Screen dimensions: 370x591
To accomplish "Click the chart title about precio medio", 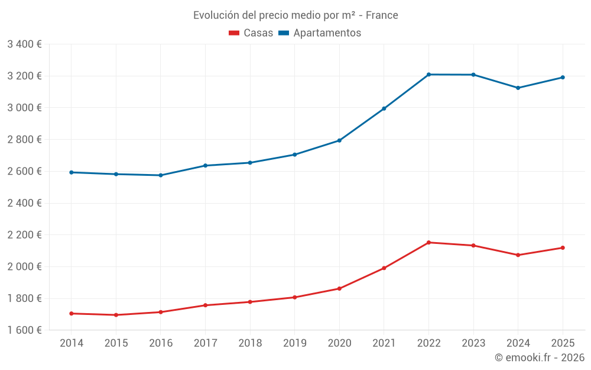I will click(x=295, y=15).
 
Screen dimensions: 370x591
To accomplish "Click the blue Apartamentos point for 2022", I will click(x=428, y=75).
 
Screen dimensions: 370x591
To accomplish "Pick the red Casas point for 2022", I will click(x=428, y=242).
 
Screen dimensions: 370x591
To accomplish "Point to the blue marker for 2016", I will click(x=161, y=175).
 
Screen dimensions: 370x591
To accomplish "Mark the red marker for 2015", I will click(x=116, y=315).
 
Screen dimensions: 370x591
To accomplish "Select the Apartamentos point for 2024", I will click(x=518, y=88).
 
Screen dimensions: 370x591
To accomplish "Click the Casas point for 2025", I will click(x=563, y=247).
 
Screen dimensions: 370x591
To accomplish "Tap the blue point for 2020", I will click(x=339, y=140).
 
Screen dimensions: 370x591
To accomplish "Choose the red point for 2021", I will click(x=384, y=268).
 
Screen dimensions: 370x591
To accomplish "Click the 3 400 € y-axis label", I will click(x=24, y=44).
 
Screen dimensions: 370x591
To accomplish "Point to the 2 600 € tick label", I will click(x=24, y=171).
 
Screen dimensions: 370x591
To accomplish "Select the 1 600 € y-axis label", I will click(x=24, y=330).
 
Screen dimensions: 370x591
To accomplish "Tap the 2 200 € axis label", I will click(x=24, y=234).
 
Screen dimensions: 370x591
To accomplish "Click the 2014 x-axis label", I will click(x=72, y=343).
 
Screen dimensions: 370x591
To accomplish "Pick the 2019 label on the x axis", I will click(x=294, y=343).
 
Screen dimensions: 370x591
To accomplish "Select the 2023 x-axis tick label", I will click(x=473, y=343).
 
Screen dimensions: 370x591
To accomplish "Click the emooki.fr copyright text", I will click(x=539, y=358).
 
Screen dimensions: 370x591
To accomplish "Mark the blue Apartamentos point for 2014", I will click(x=72, y=172).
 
